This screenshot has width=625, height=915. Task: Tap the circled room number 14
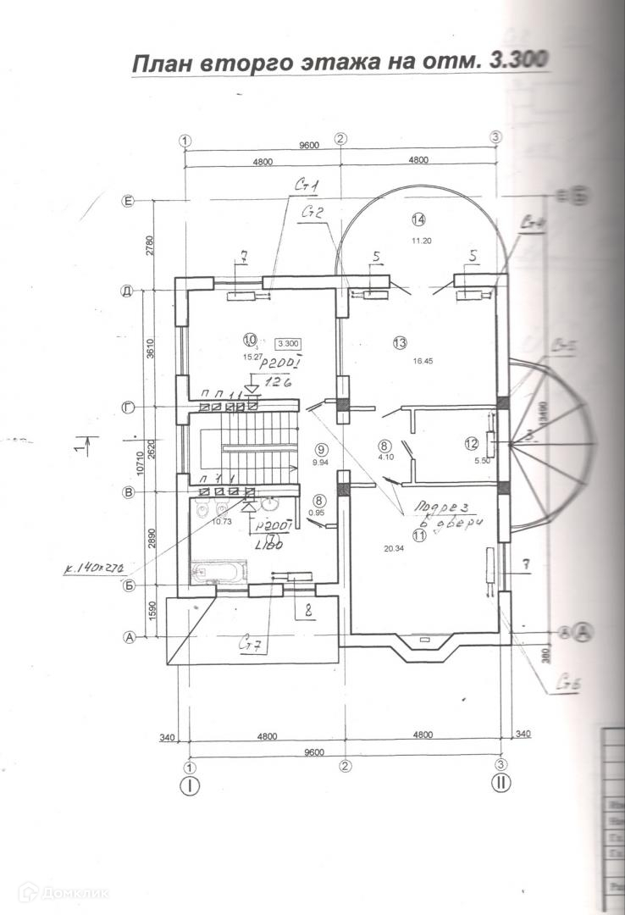coord(418,219)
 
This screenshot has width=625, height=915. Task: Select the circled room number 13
coord(400,342)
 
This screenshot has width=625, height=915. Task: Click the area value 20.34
coord(394,549)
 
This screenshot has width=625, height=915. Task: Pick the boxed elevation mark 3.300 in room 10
coord(288,343)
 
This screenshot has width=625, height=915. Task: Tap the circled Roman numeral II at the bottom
coord(501,785)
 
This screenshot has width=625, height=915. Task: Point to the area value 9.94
coord(319,463)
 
